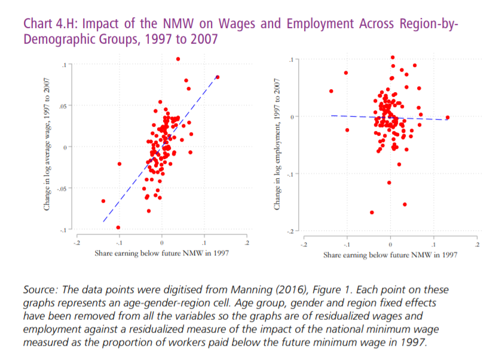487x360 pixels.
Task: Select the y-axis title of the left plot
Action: (46, 146)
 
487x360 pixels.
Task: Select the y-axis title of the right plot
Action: (276, 146)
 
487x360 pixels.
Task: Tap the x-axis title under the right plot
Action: (390, 255)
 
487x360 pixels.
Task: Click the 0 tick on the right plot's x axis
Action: (390, 244)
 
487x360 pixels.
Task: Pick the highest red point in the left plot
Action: (178, 59)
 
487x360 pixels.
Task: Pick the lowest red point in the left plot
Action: (118, 227)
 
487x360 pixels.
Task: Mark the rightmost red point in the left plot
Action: (218, 77)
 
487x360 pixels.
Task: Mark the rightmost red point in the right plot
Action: (447, 118)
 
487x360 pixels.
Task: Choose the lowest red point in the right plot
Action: (372, 212)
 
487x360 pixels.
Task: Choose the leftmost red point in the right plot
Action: (331, 91)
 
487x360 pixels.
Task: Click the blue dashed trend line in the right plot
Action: (370, 117)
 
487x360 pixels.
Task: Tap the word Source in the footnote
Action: (39, 289)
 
